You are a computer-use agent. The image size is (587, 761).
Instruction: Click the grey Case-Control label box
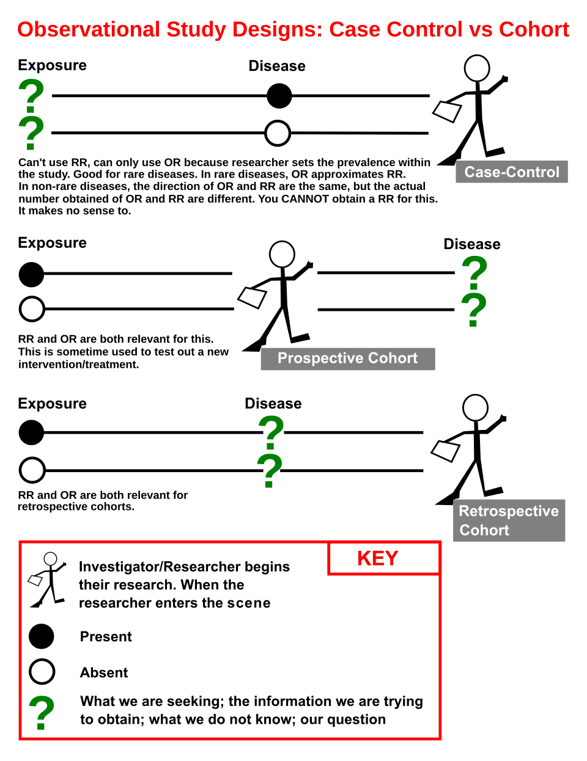click(511, 172)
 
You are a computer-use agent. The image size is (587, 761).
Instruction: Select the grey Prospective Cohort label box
click(348, 359)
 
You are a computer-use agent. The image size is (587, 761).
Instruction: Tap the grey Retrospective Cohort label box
click(509, 520)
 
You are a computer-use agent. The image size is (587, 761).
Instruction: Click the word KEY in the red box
click(377, 558)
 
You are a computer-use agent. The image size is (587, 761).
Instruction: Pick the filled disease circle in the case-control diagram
click(279, 96)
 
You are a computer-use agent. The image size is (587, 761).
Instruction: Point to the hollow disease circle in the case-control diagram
click(278, 133)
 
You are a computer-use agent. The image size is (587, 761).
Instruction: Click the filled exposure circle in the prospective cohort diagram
click(31, 275)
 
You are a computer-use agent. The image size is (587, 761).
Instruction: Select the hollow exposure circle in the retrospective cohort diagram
click(32, 470)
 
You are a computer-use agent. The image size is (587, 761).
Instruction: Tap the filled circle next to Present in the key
click(42, 636)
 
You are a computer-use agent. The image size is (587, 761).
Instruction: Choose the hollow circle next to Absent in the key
click(42, 672)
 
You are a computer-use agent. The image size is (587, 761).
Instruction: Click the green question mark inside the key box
click(42, 712)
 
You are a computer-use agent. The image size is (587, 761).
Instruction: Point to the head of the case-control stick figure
click(476, 68)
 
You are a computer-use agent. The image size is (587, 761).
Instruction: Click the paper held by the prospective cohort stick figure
click(252, 297)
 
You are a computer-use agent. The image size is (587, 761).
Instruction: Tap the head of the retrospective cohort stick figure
click(475, 407)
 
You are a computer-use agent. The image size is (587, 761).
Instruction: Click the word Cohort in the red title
click(534, 29)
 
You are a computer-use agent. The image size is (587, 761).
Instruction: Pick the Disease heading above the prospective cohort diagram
click(471, 244)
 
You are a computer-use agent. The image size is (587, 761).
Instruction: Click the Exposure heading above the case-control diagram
click(52, 65)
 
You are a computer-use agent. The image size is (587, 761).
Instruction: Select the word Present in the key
click(106, 636)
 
